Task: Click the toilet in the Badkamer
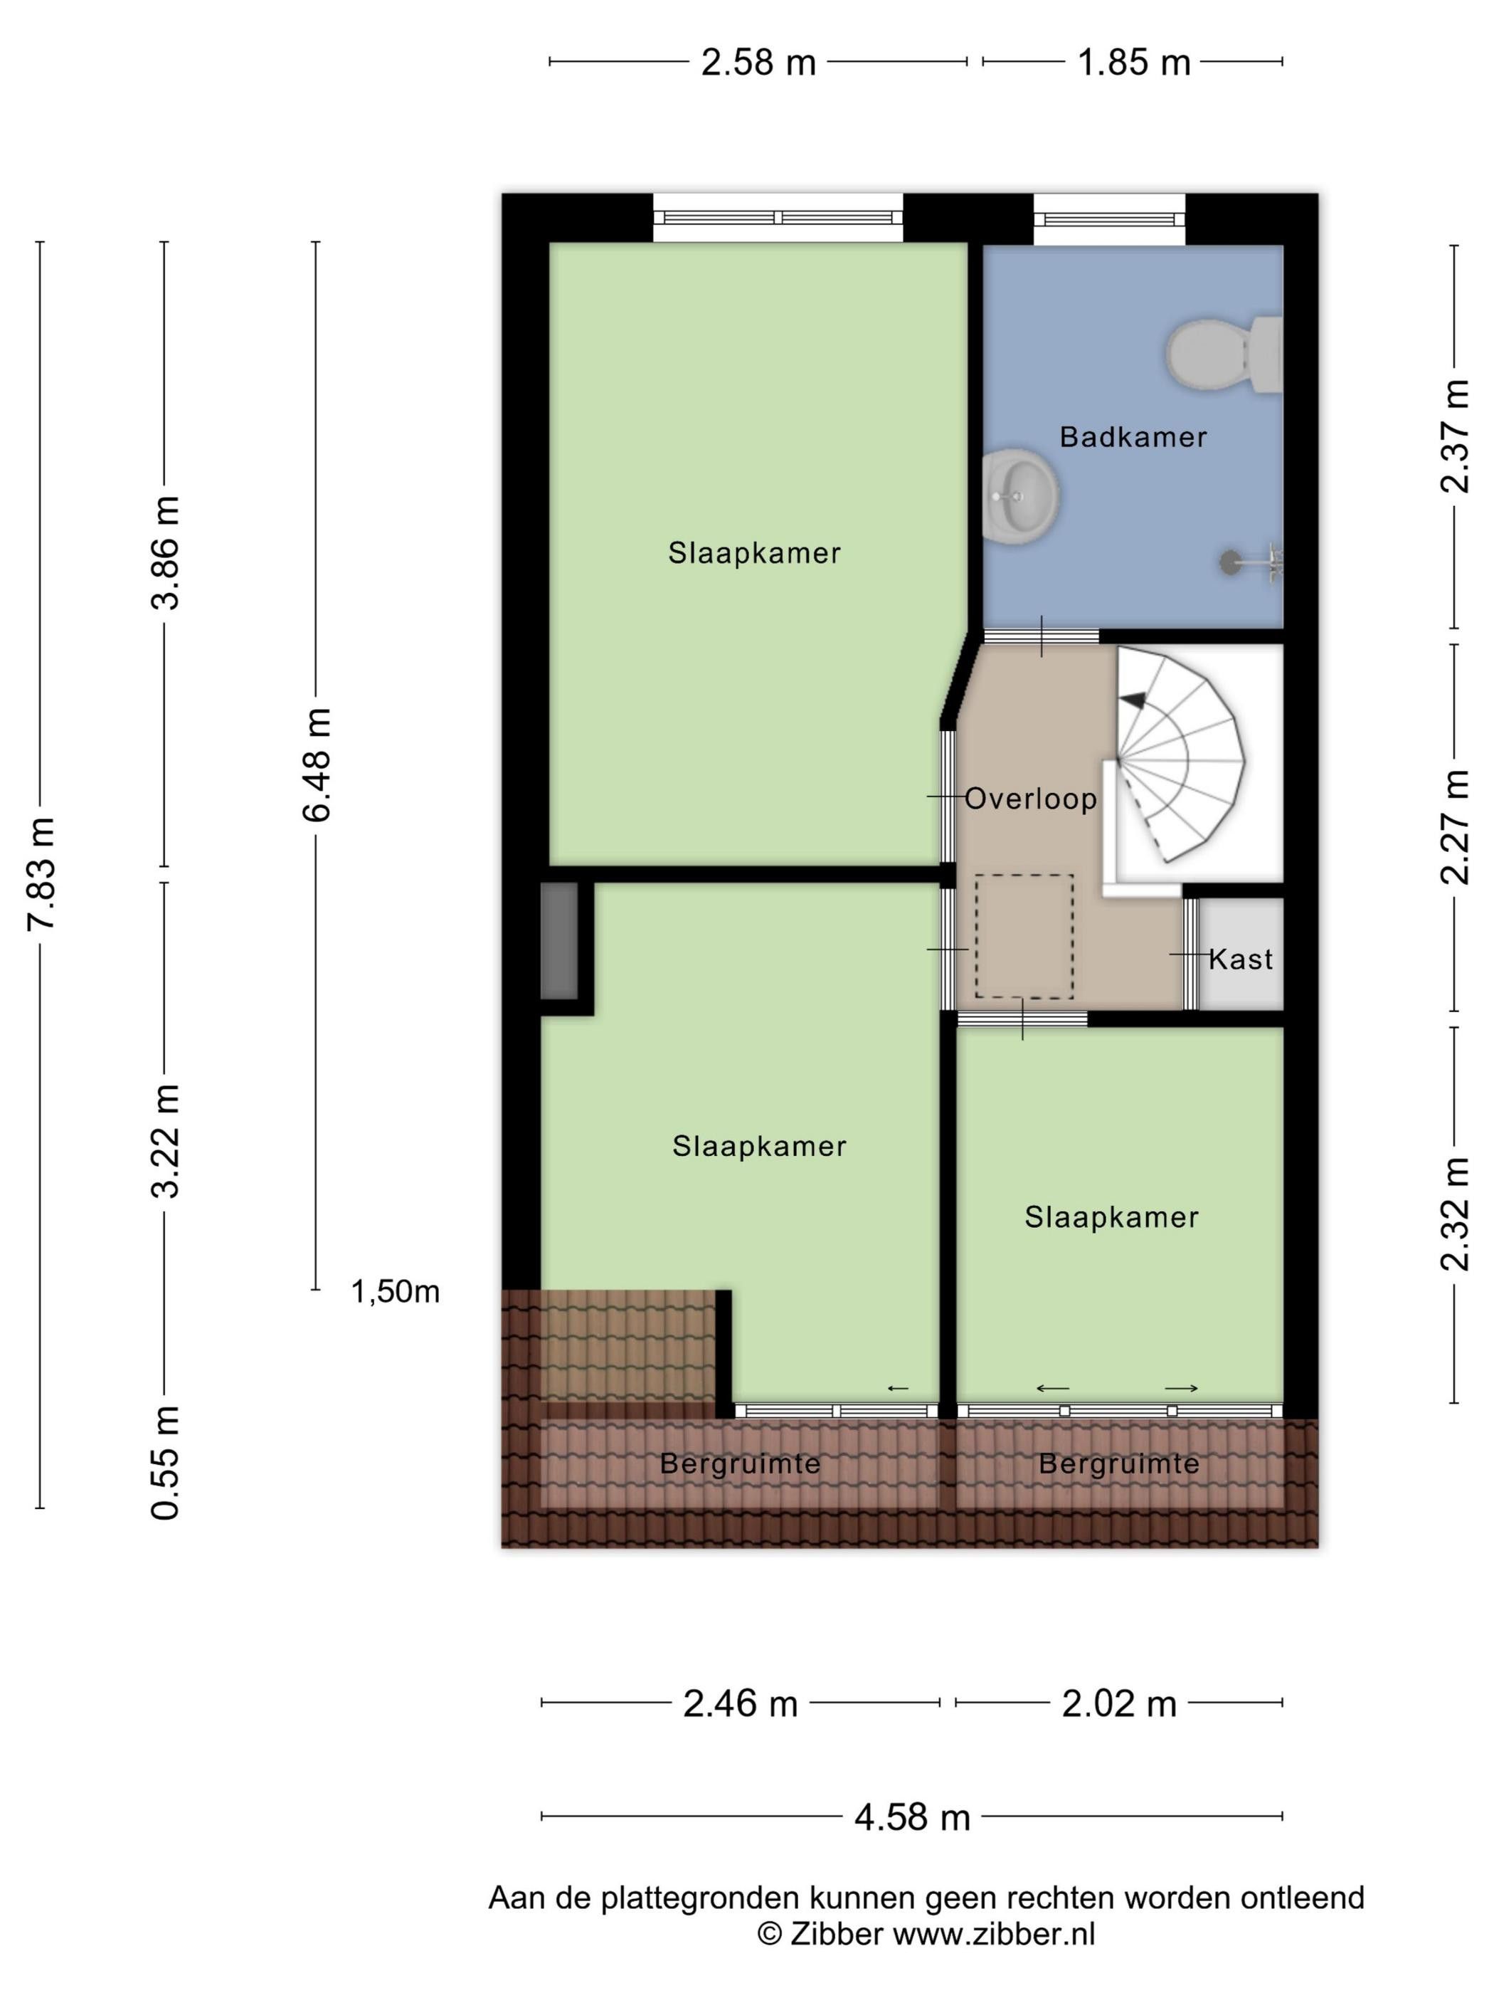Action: [x=1225, y=353]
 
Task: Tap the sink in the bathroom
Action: [x=1020, y=495]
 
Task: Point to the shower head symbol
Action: [x=1251, y=563]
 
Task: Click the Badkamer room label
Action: [x=1133, y=437]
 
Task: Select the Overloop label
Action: [x=1031, y=799]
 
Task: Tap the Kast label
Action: [x=1241, y=959]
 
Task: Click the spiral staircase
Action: [x=1180, y=757]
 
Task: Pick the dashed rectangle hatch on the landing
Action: [x=1025, y=936]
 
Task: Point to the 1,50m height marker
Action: [x=396, y=1292]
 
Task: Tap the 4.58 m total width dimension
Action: [x=912, y=1817]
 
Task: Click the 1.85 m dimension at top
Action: [x=1134, y=62]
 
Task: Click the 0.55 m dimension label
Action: [x=166, y=1462]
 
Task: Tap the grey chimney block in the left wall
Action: [x=559, y=941]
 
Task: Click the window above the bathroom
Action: [x=1109, y=219]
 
